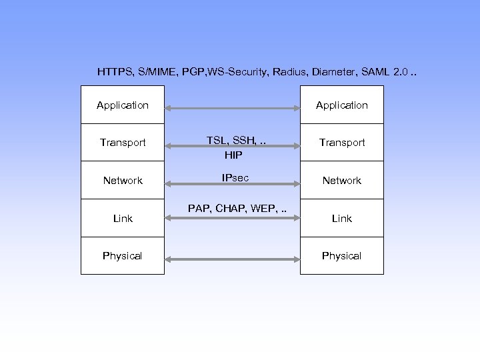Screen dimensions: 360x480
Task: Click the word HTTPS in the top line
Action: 115,71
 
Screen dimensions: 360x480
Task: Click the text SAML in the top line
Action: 371,71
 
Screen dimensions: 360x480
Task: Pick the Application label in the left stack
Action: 123,105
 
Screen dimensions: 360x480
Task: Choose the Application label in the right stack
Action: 341,105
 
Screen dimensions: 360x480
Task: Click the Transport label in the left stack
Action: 123,143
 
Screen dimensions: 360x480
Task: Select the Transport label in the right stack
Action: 341,143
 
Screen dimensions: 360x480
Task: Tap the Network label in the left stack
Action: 123,181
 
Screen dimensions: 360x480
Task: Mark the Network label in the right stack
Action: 341,181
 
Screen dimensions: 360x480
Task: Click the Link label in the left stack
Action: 123,219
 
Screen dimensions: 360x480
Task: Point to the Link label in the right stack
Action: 341,219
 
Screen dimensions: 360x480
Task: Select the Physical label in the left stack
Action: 123,256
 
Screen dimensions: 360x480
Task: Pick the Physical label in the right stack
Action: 341,256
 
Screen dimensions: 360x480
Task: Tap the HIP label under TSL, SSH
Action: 233,155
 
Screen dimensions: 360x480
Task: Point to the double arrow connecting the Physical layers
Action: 232,258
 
